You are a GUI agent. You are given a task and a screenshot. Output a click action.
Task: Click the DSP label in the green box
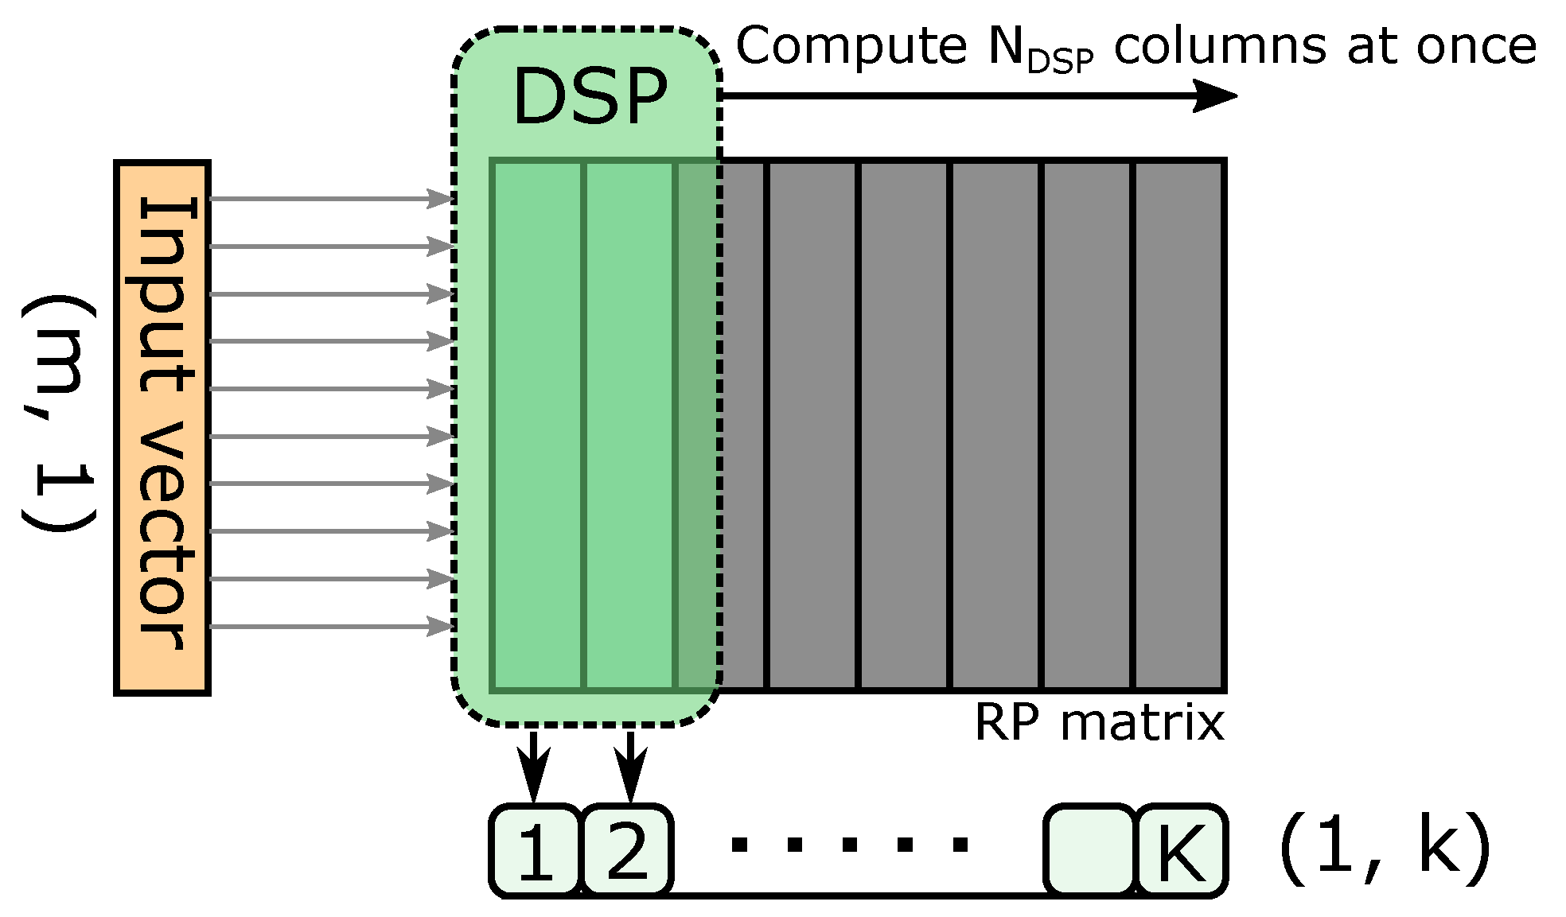(590, 97)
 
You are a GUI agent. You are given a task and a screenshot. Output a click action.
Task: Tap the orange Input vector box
(162, 427)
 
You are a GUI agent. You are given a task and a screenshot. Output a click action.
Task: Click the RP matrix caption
(1099, 724)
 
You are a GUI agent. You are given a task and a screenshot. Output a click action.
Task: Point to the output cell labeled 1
(536, 850)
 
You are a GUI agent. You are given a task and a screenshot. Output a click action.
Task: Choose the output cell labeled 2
(628, 850)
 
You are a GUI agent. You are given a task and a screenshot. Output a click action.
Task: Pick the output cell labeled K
(1181, 850)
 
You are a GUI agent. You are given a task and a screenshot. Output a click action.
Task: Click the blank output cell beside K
(1089, 850)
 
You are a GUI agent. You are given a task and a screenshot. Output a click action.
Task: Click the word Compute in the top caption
(851, 46)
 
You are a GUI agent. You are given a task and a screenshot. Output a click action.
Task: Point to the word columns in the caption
(1219, 46)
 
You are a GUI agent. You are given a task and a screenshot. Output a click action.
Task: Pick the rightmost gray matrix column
(1178, 425)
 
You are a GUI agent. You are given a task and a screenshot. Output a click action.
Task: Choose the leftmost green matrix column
(538, 425)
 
